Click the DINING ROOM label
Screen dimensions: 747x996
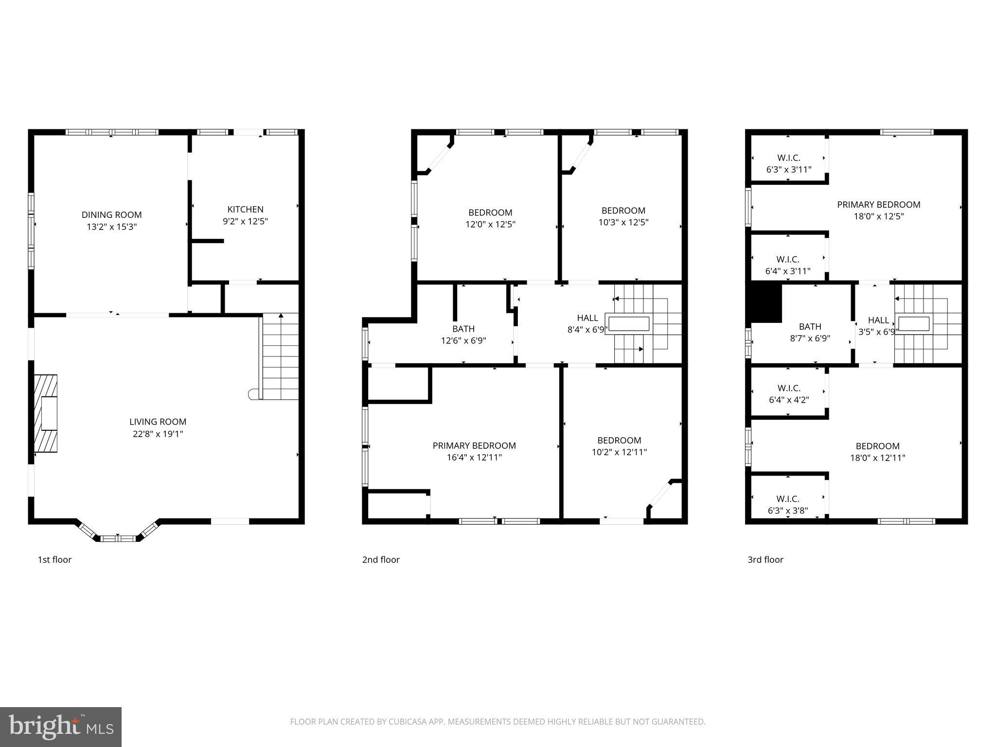[x=111, y=214]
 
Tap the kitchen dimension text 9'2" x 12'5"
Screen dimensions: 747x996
[x=245, y=221]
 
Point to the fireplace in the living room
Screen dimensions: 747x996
[x=46, y=413]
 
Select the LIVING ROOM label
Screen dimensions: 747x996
[x=158, y=422]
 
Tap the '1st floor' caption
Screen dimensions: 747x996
[x=54, y=560]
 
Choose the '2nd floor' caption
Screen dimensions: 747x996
[x=380, y=560]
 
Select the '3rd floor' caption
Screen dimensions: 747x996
[x=765, y=560]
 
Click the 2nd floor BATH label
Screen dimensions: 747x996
[x=463, y=329]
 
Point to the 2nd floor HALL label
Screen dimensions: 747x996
[x=587, y=318]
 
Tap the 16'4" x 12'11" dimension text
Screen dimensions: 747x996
[x=474, y=457]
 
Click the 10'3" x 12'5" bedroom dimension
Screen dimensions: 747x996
[x=623, y=222]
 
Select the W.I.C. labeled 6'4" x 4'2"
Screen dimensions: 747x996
[x=788, y=394]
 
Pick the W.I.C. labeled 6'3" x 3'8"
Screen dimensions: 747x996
[x=787, y=505]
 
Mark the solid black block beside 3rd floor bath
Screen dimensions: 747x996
[x=766, y=302]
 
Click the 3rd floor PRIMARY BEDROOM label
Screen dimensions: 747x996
[x=878, y=205]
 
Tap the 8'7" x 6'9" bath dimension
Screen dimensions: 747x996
[x=810, y=338]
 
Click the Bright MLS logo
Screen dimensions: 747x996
[x=61, y=727]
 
